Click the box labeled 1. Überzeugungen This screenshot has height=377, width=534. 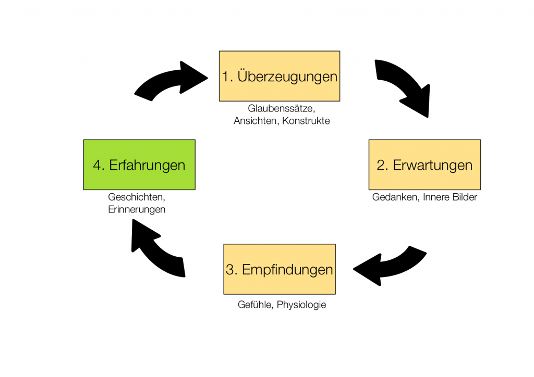[280, 76]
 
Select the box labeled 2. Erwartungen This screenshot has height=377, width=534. [424, 165]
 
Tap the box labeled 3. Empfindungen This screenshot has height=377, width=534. [280, 269]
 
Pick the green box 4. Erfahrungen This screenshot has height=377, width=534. [139, 165]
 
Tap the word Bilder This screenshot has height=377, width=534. [464, 197]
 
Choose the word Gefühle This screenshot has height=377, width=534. [254, 305]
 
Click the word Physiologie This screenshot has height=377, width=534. [301, 305]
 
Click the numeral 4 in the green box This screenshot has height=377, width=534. [98, 165]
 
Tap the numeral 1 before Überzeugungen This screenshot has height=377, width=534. [225, 77]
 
